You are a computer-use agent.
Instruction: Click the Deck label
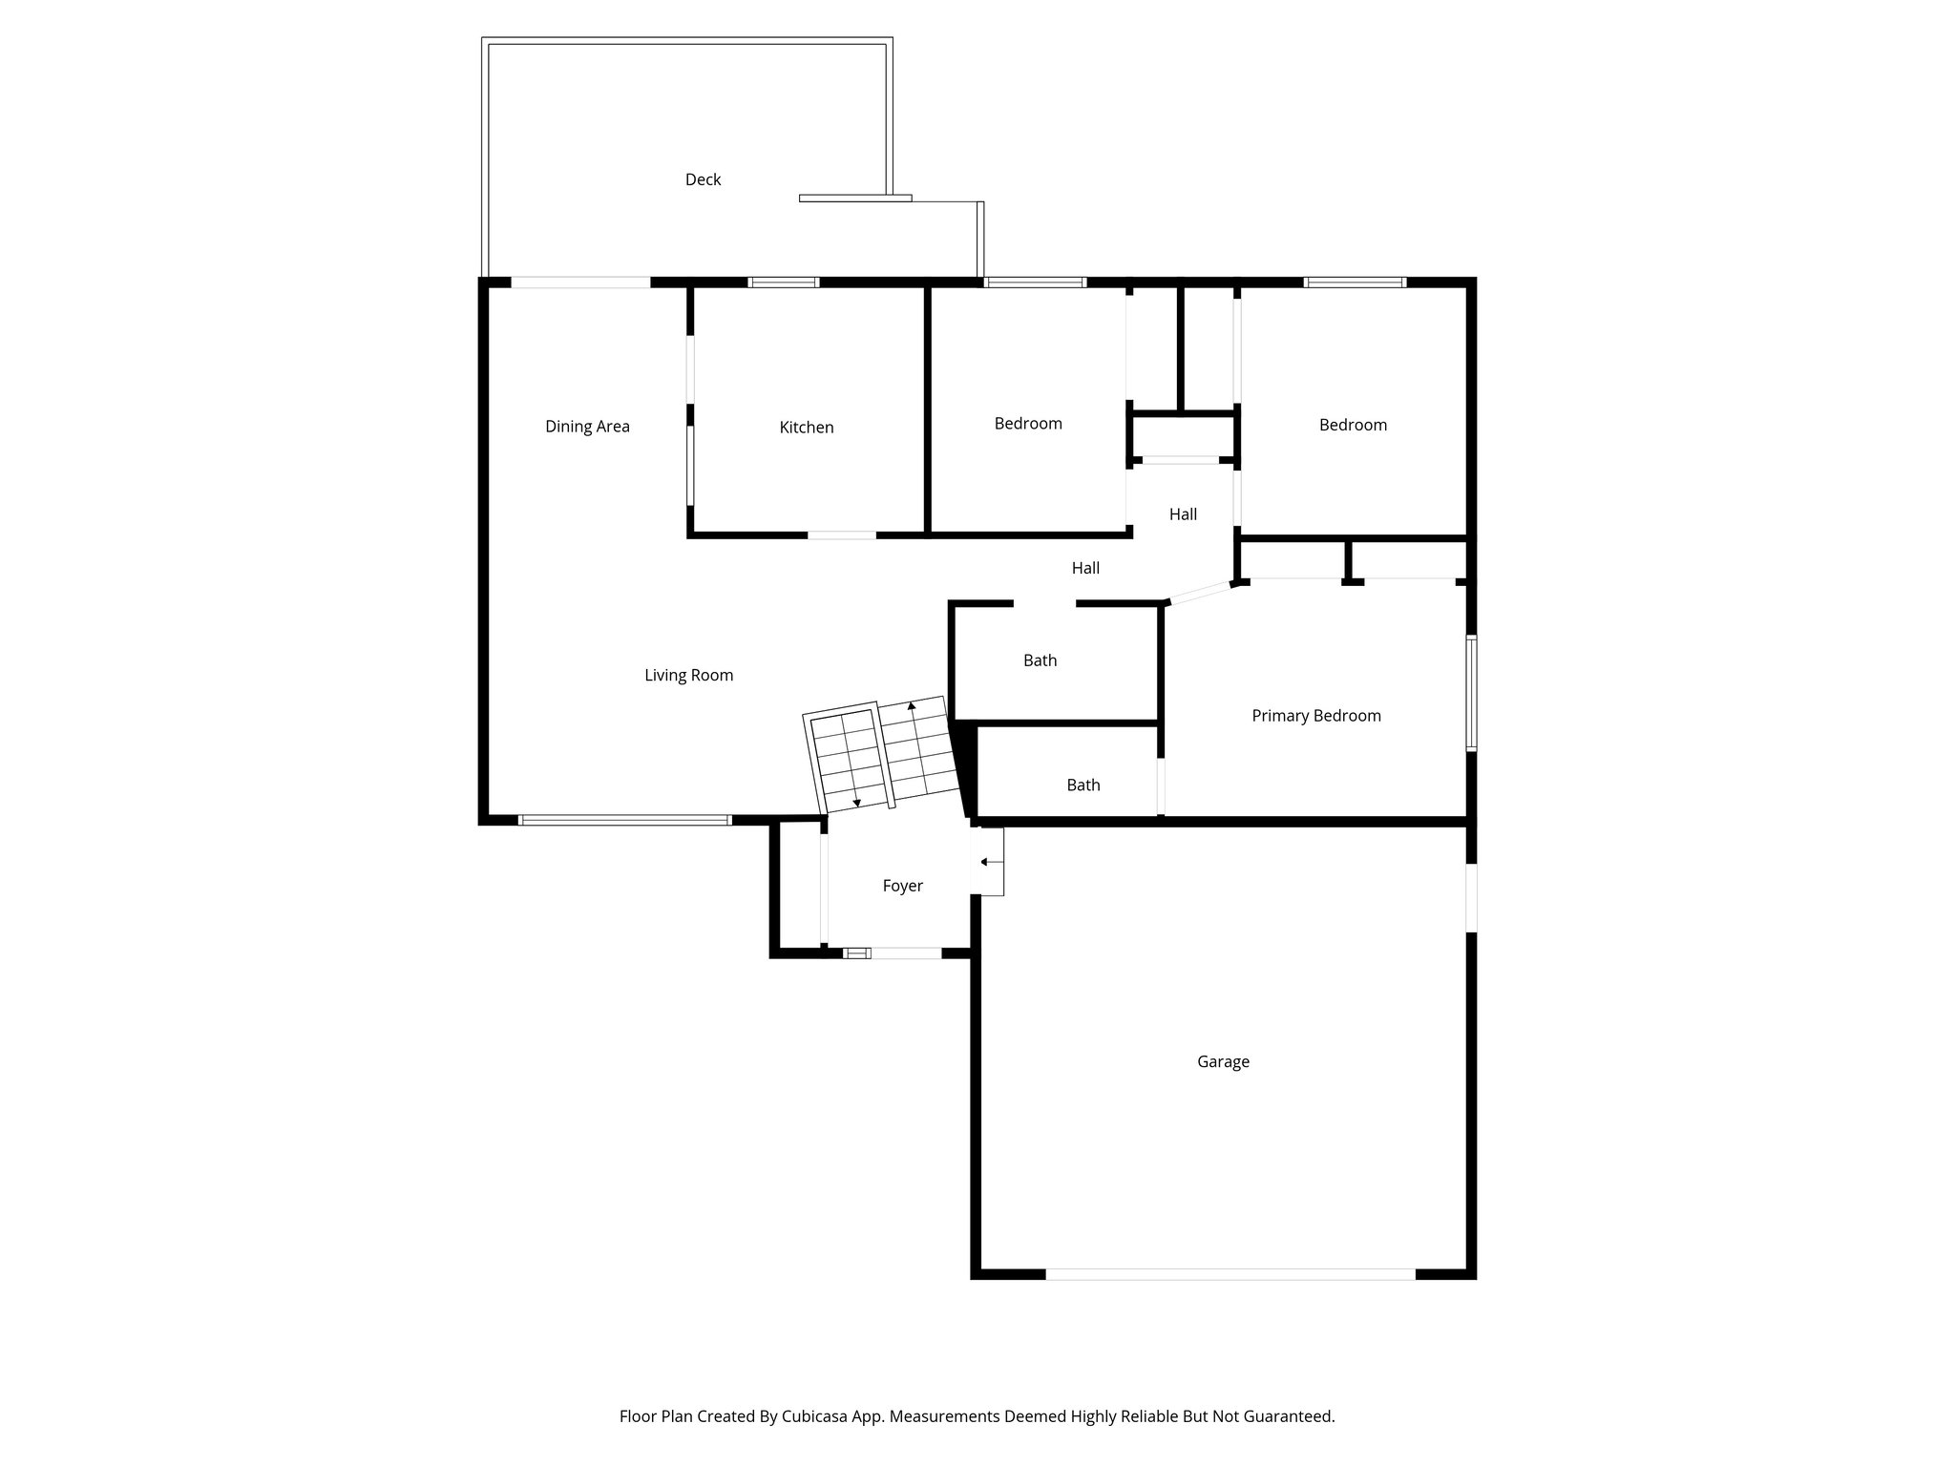tap(703, 179)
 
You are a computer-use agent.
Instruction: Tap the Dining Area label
tap(587, 427)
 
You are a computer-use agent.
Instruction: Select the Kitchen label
tap(806, 428)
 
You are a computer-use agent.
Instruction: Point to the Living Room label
tap(688, 676)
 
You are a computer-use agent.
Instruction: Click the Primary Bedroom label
tap(1315, 716)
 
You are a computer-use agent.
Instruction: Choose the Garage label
tap(1223, 1061)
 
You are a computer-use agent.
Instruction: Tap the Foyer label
tap(902, 886)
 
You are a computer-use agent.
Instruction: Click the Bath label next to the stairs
tap(1040, 660)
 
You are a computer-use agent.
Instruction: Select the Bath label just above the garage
tap(1083, 785)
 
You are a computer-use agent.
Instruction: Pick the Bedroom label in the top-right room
tap(1353, 425)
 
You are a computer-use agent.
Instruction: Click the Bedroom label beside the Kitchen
tap(1027, 424)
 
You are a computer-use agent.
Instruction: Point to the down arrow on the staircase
tap(856, 802)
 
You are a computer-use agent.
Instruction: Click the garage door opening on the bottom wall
tap(1230, 1274)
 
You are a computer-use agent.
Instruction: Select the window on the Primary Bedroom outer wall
tap(1471, 693)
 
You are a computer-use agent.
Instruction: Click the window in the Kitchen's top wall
tap(783, 283)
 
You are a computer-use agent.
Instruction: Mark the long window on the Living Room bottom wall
tap(625, 820)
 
